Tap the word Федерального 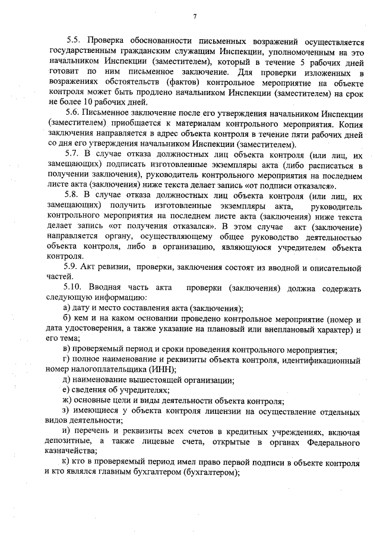point(330,443)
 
